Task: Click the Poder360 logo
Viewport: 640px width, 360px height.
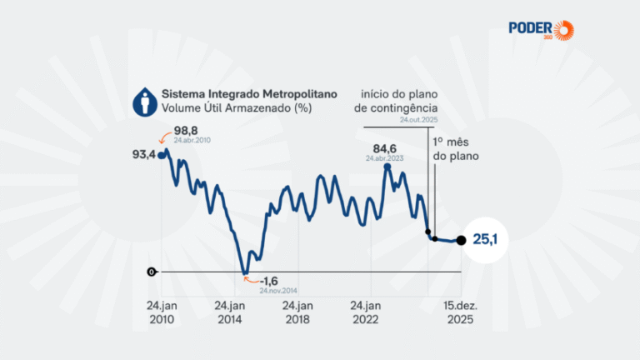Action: click(x=541, y=30)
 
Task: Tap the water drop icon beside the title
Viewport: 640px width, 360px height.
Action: click(x=145, y=102)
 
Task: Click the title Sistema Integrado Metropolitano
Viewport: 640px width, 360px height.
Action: click(x=249, y=94)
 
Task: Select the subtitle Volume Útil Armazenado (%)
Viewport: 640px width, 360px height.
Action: click(x=237, y=108)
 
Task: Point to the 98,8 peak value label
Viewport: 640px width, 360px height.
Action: click(x=186, y=131)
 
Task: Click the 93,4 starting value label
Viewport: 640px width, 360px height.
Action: click(x=143, y=155)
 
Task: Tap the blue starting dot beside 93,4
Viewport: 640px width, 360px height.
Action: click(x=161, y=156)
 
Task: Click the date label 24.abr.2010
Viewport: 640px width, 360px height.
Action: click(x=192, y=140)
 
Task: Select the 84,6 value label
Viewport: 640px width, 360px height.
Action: click(x=384, y=148)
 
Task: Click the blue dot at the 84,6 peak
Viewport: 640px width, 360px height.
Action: click(x=387, y=167)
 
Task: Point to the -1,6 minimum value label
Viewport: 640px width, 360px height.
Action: click(x=268, y=281)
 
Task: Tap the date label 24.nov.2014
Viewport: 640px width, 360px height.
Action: click(x=278, y=291)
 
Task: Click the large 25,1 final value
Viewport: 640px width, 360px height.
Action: click(x=485, y=240)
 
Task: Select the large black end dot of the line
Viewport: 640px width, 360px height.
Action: click(x=461, y=240)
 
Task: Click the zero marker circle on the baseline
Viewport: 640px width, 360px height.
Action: click(x=152, y=272)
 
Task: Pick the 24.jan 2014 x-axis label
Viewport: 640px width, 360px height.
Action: click(x=229, y=312)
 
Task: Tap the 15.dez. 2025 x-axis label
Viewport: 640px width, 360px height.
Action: click(x=460, y=312)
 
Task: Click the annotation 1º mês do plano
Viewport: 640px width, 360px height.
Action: click(x=456, y=149)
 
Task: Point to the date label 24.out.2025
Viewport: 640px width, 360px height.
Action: click(x=419, y=120)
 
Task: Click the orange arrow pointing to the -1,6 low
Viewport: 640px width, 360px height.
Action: click(x=251, y=280)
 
